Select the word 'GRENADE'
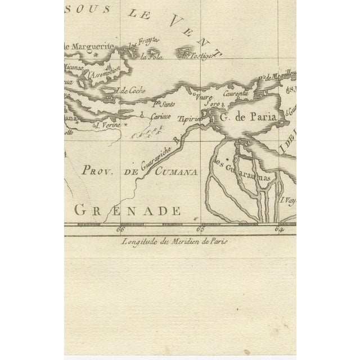click(128, 211)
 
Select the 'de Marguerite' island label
click(90, 46)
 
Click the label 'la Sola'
click(150, 56)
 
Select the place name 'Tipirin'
click(188, 119)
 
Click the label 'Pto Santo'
click(164, 103)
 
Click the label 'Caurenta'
click(235, 94)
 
